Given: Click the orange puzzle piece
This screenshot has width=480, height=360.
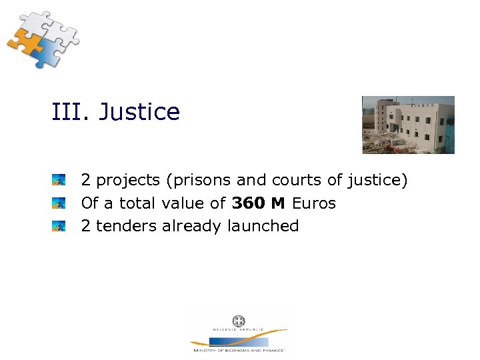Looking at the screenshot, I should (25, 41).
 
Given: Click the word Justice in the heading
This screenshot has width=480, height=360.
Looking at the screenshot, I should (139, 112).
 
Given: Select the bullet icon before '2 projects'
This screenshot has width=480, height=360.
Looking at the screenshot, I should (59, 180).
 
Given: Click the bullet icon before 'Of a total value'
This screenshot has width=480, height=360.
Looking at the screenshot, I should (59, 203).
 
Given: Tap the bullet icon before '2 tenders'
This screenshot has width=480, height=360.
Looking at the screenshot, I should (59, 226).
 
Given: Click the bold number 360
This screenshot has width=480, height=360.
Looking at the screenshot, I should (249, 203).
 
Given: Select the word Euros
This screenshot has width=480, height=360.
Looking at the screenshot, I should (313, 203).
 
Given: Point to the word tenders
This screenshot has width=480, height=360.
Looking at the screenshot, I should (127, 226).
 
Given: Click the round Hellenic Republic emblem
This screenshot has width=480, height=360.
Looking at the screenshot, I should (238, 321).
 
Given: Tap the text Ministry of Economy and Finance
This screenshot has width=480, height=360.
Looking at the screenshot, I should (238, 350).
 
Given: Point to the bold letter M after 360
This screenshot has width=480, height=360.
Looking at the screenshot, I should (278, 203).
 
